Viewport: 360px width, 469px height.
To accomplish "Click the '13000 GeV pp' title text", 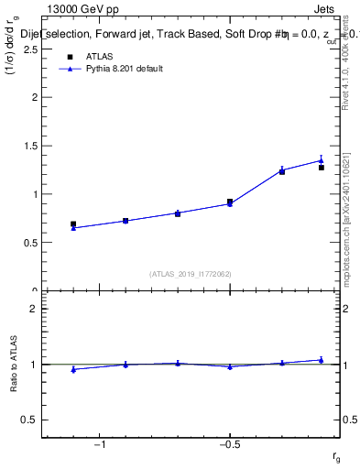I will pyautogui.click(x=83, y=9).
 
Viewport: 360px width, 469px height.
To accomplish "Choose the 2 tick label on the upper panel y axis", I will pyautogui.click(x=32, y=97).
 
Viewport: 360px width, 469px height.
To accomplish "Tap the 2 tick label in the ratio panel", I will pyautogui.click(x=32, y=310).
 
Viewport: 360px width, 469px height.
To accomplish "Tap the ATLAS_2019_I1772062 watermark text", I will pyautogui.click(x=191, y=273).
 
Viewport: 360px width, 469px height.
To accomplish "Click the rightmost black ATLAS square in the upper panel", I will pyautogui.click(x=321, y=168).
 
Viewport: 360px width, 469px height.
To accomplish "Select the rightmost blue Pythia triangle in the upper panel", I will pyautogui.click(x=321, y=160).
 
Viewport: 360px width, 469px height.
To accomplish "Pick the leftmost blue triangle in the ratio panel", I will pyautogui.click(x=73, y=369).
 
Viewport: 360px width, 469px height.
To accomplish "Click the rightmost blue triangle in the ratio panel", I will pyautogui.click(x=321, y=360).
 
